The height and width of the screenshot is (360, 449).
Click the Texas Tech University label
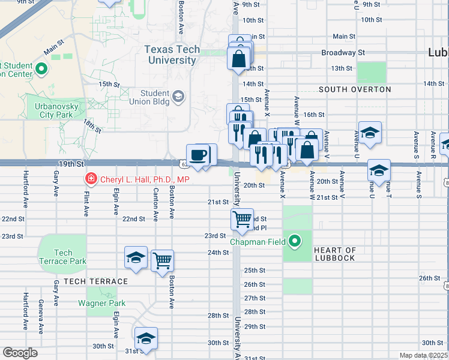pyautogui.click(x=172, y=55)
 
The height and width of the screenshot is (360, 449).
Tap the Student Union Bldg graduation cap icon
pyautogui.click(x=178, y=96)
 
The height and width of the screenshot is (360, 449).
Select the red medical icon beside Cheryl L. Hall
pyautogui.click(x=91, y=179)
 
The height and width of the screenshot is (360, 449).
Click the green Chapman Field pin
pyautogui.click(x=294, y=242)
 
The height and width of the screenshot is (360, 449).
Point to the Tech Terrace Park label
pyautogui.click(x=62, y=257)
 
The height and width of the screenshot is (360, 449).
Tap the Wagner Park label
pyautogui.click(x=102, y=303)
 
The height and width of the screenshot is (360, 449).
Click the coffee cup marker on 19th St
pyautogui.click(x=197, y=155)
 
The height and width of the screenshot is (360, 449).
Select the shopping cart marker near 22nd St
pyautogui.click(x=243, y=220)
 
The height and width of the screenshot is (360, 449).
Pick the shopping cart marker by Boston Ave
pyautogui.click(x=162, y=260)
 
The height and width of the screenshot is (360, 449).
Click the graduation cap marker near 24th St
pyautogui.click(x=136, y=258)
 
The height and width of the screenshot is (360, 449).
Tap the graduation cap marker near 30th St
pyautogui.click(x=146, y=339)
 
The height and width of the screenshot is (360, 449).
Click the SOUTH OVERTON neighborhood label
pyautogui.click(x=355, y=89)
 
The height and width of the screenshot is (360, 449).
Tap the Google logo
pyautogui.click(x=20, y=352)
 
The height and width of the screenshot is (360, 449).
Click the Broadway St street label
pyautogui.click(x=343, y=53)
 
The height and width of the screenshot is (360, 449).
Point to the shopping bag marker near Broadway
pyautogui.click(x=239, y=59)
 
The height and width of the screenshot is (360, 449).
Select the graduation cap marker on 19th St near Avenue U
pyautogui.click(x=379, y=170)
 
